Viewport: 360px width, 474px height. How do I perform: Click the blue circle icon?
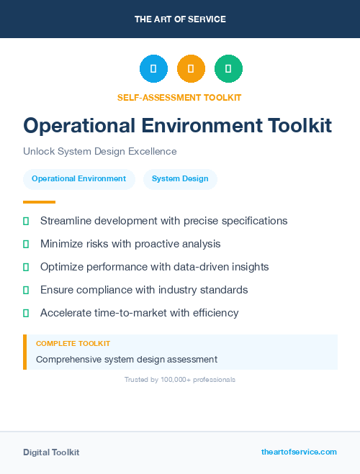pyautogui.click(x=153, y=69)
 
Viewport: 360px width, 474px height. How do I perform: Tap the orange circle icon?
pyautogui.click(x=191, y=69)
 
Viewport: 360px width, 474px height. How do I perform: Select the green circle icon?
pyautogui.click(x=228, y=69)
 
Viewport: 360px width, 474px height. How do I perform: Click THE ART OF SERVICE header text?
pyautogui.click(x=180, y=19)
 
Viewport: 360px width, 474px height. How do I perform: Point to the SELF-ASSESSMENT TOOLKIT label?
pyautogui.click(x=179, y=97)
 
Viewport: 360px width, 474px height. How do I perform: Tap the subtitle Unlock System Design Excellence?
pyautogui.click(x=99, y=151)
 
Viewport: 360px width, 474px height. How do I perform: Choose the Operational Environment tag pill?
pyautogui.click(x=79, y=179)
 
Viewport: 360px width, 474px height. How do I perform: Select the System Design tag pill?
pyautogui.click(x=180, y=179)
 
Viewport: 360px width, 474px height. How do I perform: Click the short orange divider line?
pyautogui.click(x=39, y=202)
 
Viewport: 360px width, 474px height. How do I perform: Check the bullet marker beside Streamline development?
pyautogui.click(x=26, y=221)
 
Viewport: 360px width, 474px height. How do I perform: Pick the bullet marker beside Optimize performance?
pyautogui.click(x=26, y=267)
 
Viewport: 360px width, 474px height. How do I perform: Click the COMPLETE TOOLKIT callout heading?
pyautogui.click(x=73, y=344)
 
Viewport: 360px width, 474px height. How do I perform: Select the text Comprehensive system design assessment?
pyautogui.click(x=127, y=359)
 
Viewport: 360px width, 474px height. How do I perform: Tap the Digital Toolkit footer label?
pyautogui.click(x=51, y=452)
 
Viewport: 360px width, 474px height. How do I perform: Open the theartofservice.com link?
pyautogui.click(x=299, y=452)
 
